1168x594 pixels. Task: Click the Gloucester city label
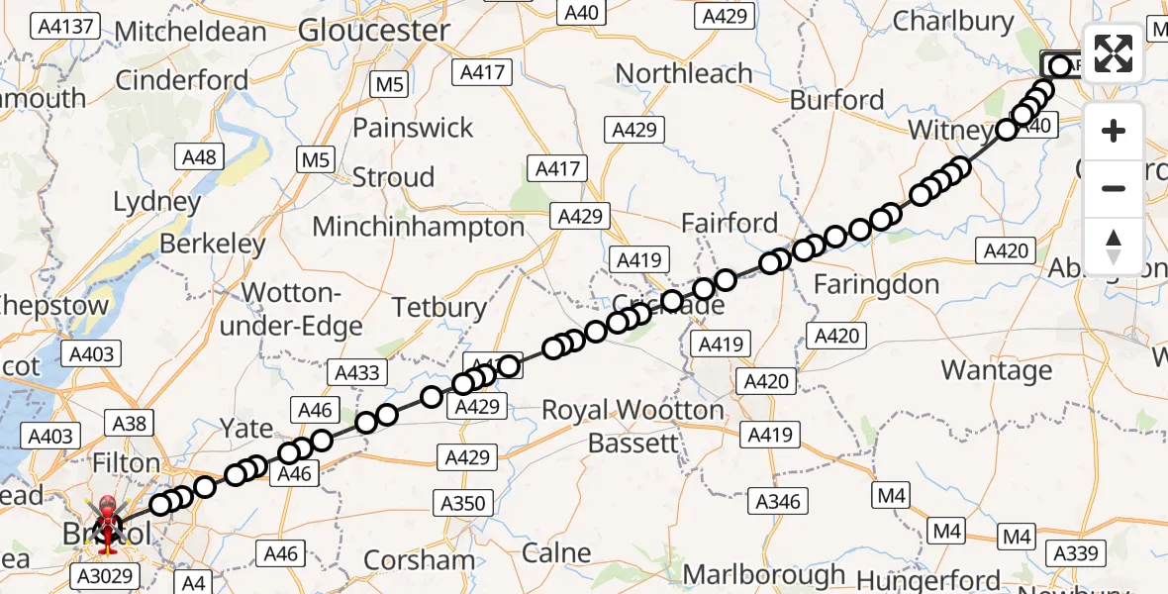click(x=374, y=31)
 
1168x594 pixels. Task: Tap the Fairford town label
click(x=730, y=224)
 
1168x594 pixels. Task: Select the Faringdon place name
click(x=876, y=285)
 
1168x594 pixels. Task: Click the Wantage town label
click(x=997, y=370)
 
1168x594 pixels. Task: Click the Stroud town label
click(x=394, y=178)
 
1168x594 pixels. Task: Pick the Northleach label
click(x=684, y=73)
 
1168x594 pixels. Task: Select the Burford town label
click(x=837, y=100)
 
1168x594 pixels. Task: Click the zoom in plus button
click(x=1114, y=131)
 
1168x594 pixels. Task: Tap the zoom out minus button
click(x=1114, y=188)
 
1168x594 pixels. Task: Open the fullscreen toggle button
click(x=1114, y=53)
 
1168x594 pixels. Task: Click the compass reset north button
click(x=1114, y=246)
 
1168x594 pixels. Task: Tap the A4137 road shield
click(x=65, y=27)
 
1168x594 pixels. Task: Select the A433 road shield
click(x=357, y=372)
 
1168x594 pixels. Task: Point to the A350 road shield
click(x=464, y=503)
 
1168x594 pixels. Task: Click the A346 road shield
click(x=777, y=502)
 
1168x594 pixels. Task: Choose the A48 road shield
click(x=199, y=156)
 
